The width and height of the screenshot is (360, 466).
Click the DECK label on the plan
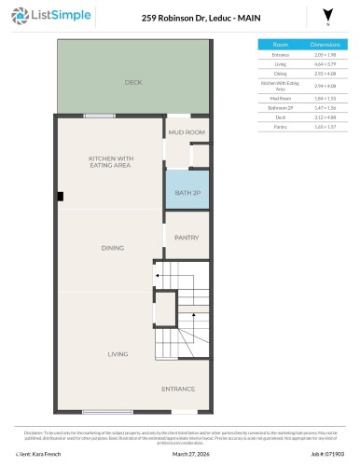click(x=133, y=82)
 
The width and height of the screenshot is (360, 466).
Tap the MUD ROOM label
click(x=186, y=132)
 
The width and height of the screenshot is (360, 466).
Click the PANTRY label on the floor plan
click(x=187, y=238)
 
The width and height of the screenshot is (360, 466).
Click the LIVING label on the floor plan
click(x=118, y=353)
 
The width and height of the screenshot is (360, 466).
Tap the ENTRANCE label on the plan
click(x=177, y=389)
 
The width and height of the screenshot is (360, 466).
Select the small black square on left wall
click(x=59, y=197)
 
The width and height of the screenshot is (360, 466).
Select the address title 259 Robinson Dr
click(x=180, y=17)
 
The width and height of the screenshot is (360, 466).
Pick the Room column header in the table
click(x=279, y=44)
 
